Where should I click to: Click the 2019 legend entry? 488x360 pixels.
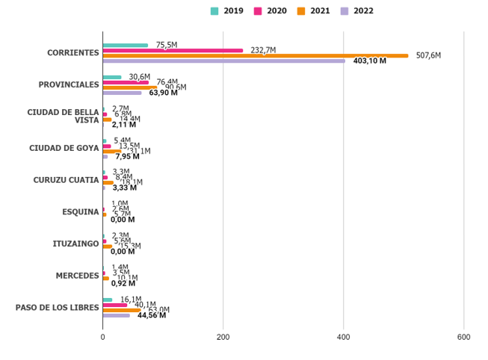(x=227, y=11)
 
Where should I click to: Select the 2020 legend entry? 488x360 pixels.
(x=271, y=11)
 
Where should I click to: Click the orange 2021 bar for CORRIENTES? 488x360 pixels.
(x=256, y=55)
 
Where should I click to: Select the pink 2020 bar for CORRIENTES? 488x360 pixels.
(x=173, y=50)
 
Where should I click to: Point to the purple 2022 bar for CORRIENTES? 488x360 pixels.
(x=224, y=60)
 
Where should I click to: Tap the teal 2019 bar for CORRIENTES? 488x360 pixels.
(x=126, y=45)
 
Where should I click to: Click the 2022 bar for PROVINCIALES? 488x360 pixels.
(x=122, y=93)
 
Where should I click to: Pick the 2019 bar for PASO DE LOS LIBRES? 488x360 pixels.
(x=108, y=300)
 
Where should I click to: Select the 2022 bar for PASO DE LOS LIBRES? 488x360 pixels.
(x=117, y=315)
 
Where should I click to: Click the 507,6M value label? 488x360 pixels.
(x=428, y=55)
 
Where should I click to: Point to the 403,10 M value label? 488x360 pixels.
(x=370, y=61)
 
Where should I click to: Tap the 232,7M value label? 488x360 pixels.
(x=263, y=50)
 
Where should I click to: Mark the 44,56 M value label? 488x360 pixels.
(x=152, y=315)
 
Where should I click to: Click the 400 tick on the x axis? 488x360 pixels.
(x=344, y=338)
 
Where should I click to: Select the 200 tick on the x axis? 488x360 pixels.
(x=223, y=338)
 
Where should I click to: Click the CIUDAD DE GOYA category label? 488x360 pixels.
(x=64, y=148)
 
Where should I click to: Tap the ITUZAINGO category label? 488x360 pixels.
(x=75, y=243)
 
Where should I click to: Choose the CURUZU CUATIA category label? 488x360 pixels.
(x=66, y=180)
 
